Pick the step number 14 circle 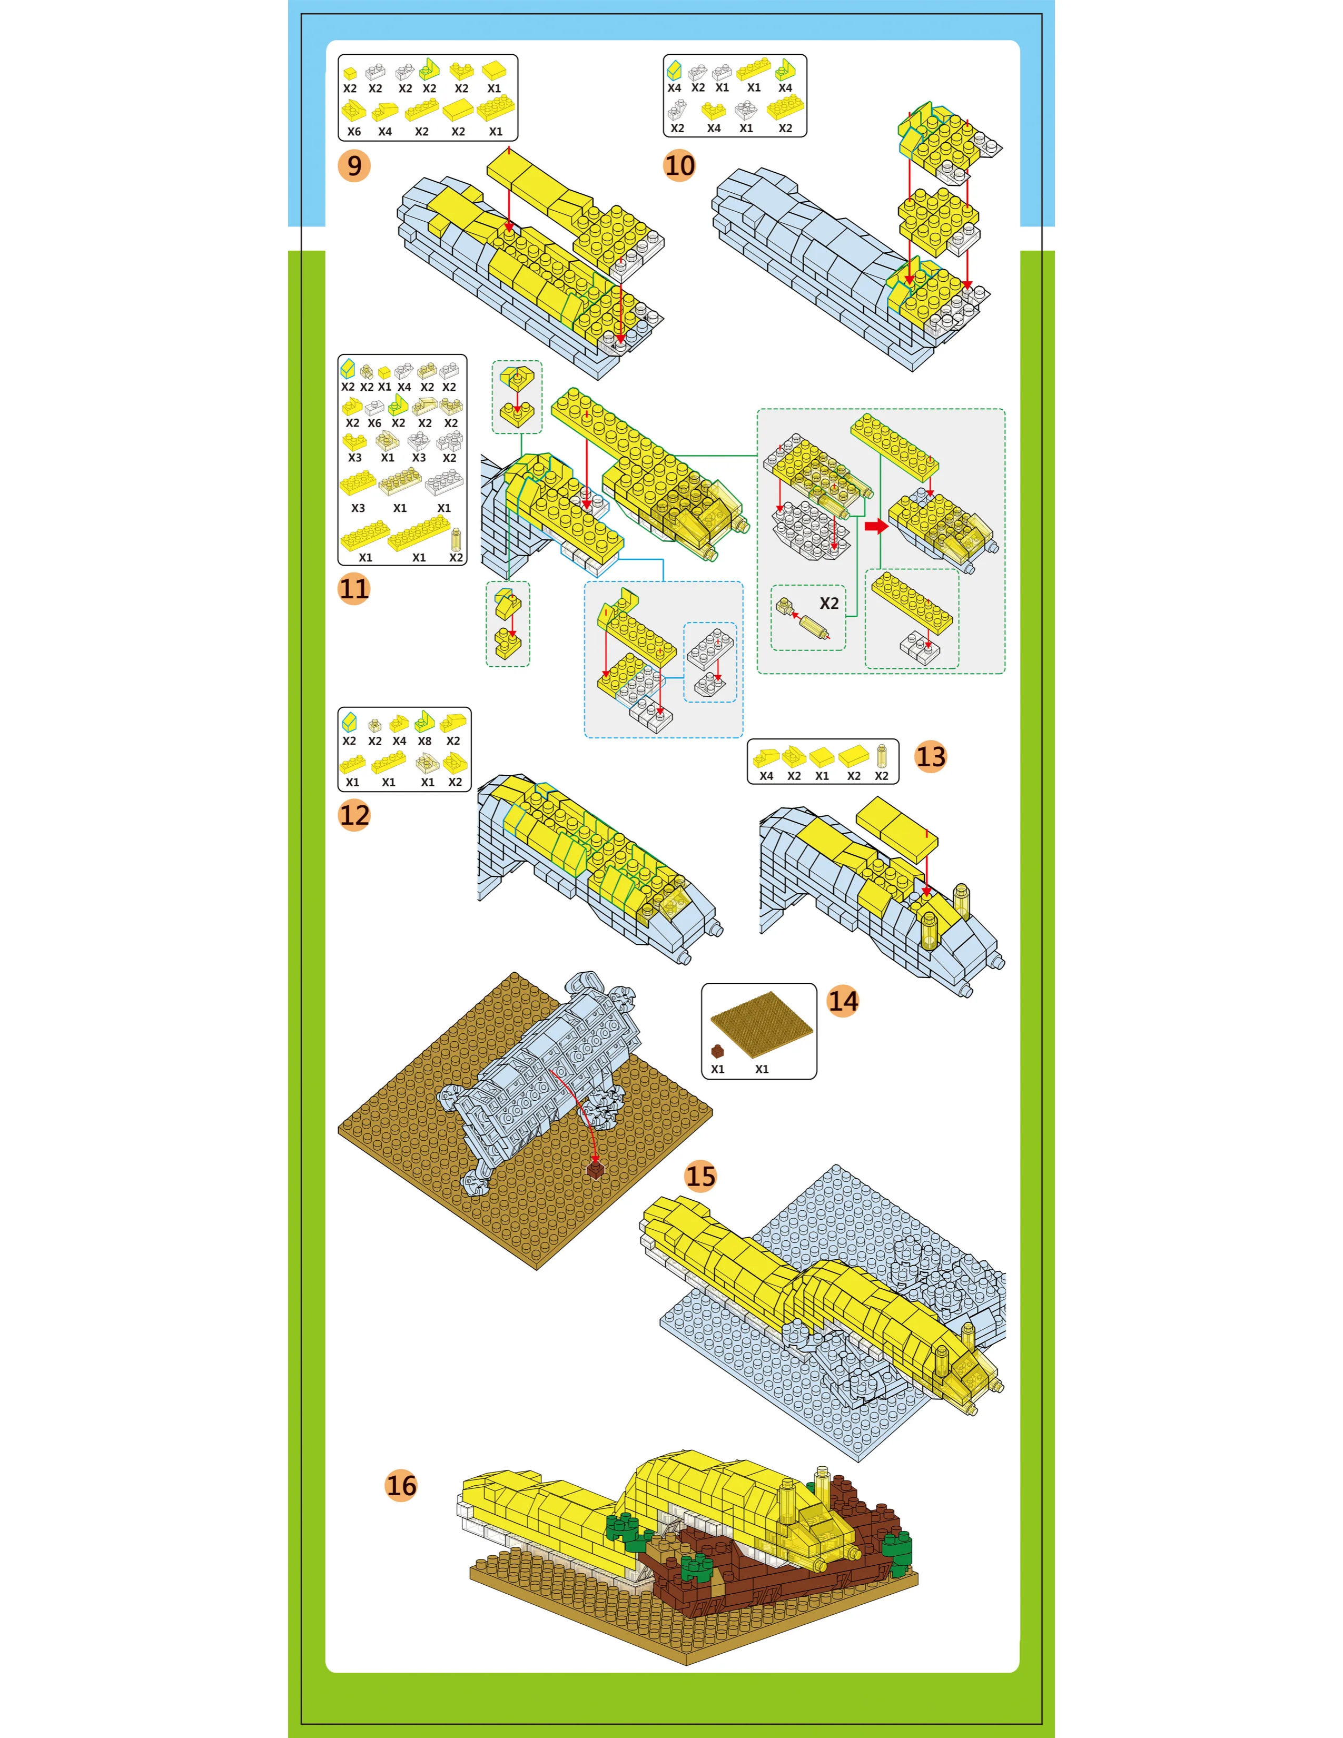843,1001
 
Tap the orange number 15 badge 701,1176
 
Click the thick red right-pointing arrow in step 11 876,526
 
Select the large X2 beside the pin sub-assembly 829,603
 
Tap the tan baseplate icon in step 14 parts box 762,1025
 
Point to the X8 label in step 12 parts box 425,741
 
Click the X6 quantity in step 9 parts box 354,131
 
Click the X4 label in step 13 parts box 766,776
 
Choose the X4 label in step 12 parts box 399,741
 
